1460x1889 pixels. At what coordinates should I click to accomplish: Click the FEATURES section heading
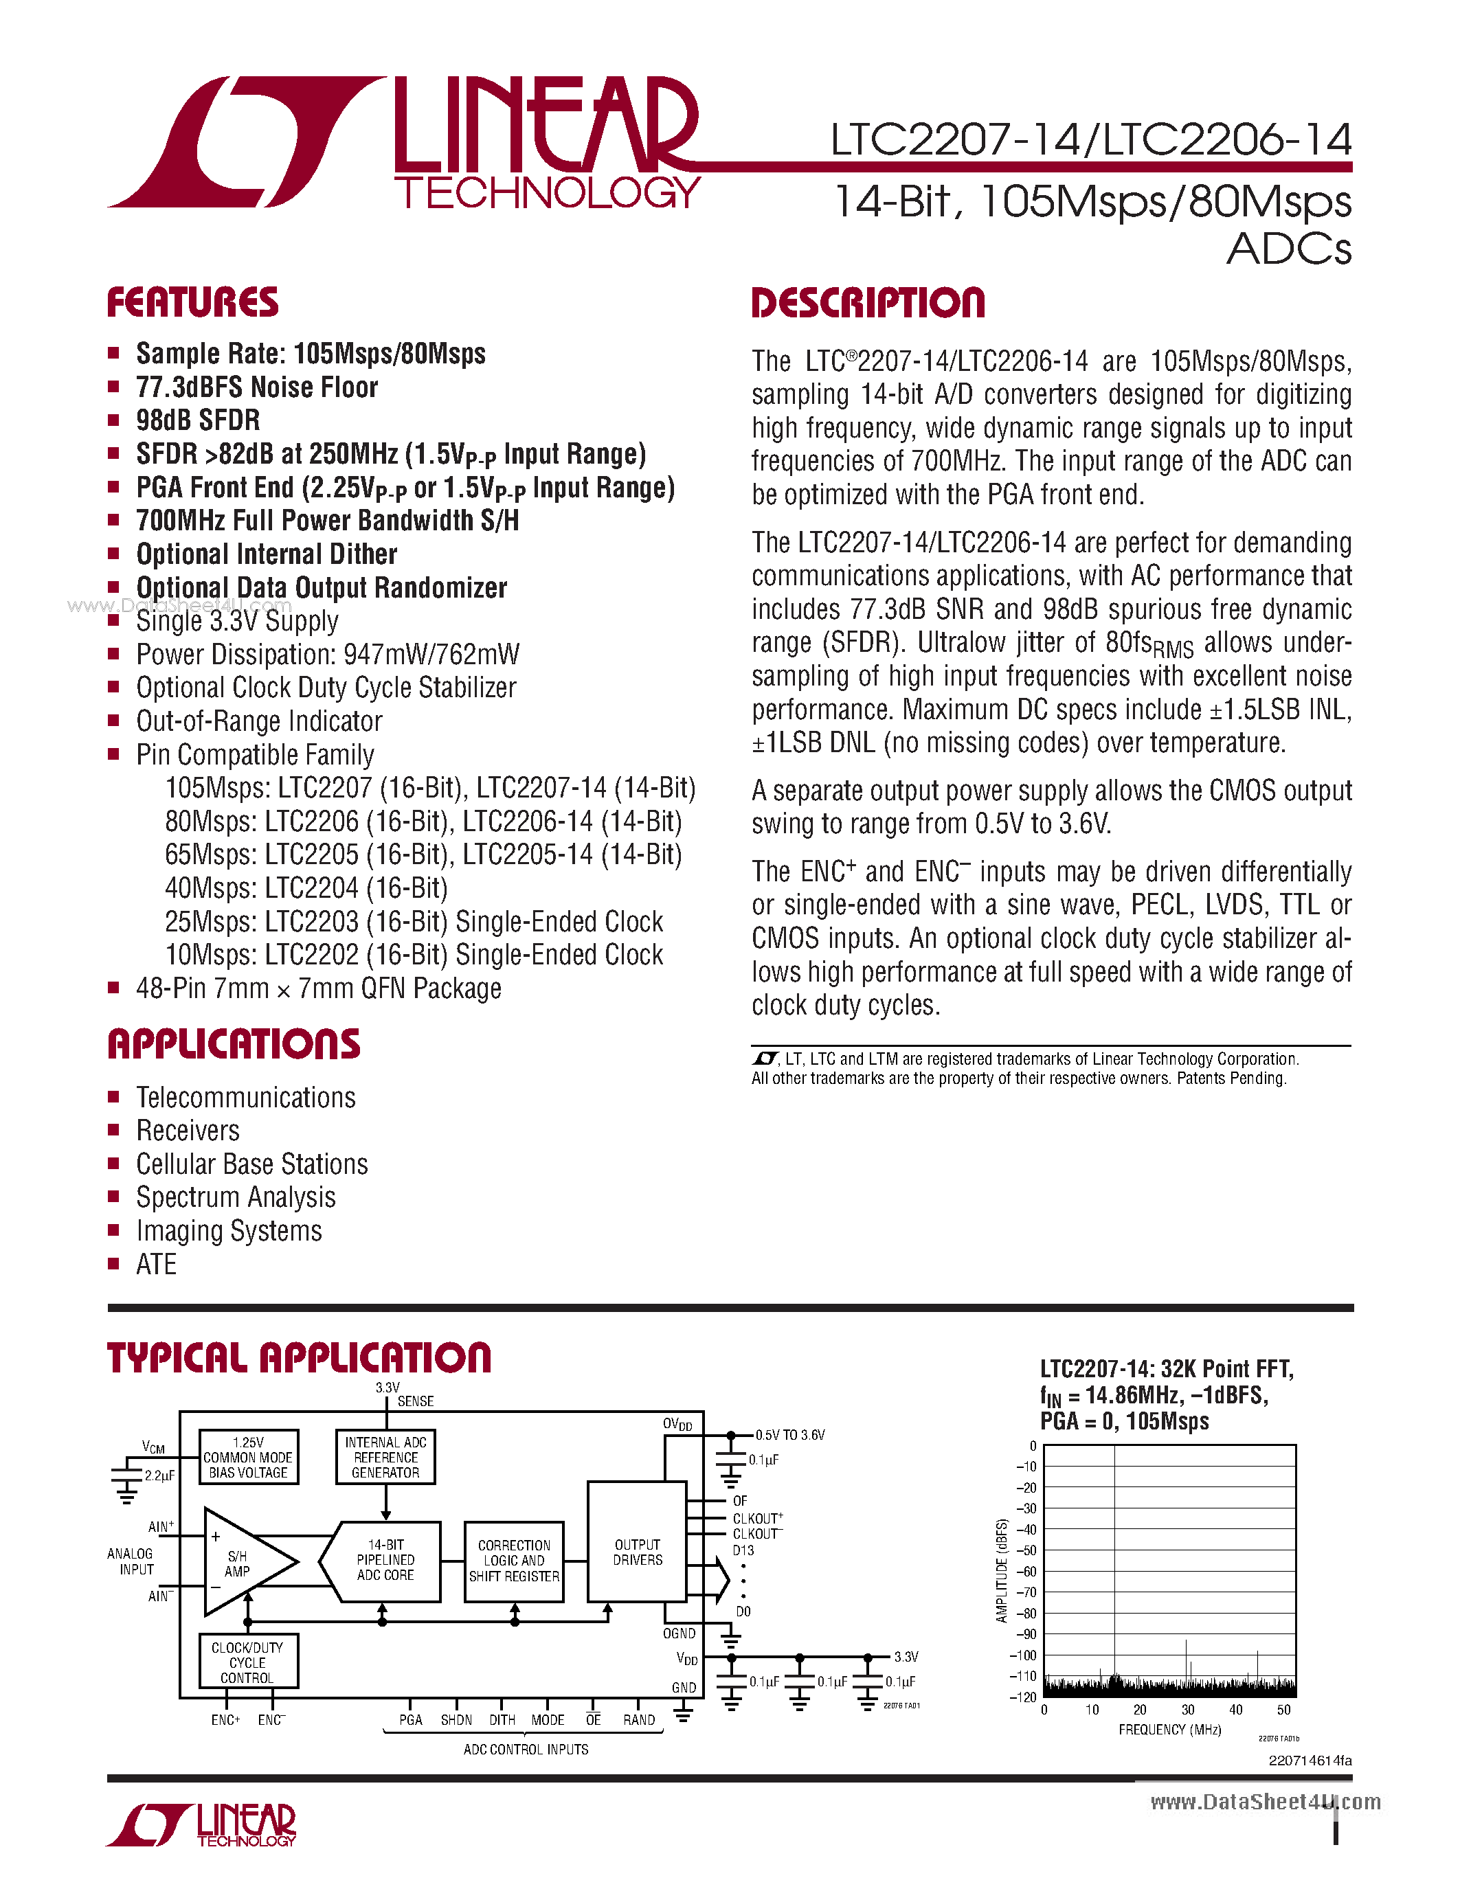(192, 303)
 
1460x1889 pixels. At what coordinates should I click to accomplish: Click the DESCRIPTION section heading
(868, 303)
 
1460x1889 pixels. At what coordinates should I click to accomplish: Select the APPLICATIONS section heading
(234, 1044)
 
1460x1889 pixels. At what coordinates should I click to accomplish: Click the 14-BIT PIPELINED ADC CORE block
(385, 1561)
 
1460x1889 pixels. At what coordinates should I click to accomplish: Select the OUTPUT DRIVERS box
(638, 1552)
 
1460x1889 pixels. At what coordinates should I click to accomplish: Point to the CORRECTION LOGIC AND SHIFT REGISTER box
(514, 1561)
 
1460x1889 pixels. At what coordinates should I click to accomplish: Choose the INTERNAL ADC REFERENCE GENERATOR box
(385, 1458)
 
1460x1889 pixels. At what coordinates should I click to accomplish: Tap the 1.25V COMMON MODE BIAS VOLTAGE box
(248, 1458)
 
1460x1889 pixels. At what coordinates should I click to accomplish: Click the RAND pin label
(639, 1720)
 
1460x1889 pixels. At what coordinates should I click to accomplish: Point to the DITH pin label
(502, 1720)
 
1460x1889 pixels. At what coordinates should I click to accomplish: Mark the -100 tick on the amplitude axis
(1024, 1655)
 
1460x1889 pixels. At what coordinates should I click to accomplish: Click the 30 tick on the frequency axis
(1187, 1710)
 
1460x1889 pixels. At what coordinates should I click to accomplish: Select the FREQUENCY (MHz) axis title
(1169, 1730)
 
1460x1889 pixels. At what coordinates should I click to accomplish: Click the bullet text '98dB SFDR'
(198, 420)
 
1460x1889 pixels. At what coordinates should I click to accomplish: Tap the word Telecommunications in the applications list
(246, 1098)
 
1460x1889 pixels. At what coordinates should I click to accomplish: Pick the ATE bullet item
(156, 1265)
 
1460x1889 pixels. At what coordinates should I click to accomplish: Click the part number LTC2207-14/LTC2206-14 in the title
(1090, 140)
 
